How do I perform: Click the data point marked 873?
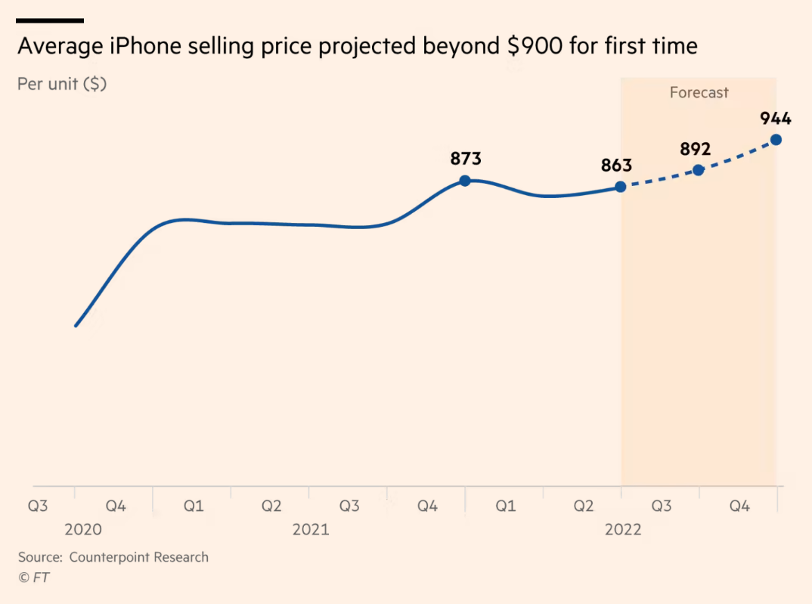(465, 181)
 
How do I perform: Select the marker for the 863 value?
(621, 187)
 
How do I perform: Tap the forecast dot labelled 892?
(699, 170)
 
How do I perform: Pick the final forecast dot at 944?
(776, 140)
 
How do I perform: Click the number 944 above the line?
(776, 119)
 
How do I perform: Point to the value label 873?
(466, 159)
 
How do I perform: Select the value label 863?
(617, 166)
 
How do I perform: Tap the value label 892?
(696, 149)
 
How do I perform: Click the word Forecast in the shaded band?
(699, 93)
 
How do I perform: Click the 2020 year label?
(83, 529)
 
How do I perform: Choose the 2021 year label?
(311, 529)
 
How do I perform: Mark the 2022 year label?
(623, 529)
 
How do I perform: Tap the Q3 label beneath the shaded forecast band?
(662, 506)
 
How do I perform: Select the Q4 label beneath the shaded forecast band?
(739, 506)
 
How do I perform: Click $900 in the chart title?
(535, 47)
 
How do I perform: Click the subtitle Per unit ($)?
(62, 84)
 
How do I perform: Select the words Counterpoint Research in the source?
(139, 557)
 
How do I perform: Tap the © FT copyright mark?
(34, 577)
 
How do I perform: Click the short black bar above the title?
(50, 20)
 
